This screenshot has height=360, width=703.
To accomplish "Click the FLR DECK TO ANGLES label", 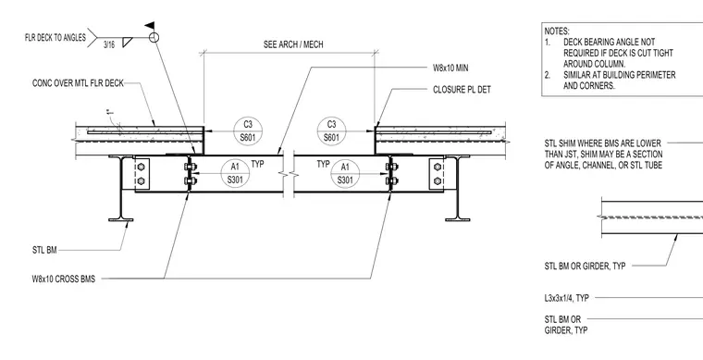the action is (55, 38).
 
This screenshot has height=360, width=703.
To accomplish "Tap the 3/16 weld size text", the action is (109, 44).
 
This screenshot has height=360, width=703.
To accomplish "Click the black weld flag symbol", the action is (149, 26).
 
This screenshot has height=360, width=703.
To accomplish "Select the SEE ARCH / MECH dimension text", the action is (293, 44).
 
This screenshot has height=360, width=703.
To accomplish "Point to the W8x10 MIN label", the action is (450, 68).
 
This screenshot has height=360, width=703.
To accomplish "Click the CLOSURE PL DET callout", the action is (462, 90).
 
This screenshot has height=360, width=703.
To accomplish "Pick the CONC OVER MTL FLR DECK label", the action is (78, 83).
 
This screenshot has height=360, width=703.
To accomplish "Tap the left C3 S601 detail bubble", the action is (248, 131).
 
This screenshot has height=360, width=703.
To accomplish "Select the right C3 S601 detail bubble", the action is (331, 131).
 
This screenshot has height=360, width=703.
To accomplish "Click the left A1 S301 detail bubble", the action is (235, 173).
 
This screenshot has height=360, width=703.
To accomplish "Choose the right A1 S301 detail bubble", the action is (345, 174).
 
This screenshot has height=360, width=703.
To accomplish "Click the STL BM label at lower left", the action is (44, 250).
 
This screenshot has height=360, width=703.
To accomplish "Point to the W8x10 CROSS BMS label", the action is (64, 279).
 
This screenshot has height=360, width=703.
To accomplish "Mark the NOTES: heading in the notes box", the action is (557, 31).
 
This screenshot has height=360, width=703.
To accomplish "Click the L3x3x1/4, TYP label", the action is (567, 298).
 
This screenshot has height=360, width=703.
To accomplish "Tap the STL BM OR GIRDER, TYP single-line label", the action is (586, 266).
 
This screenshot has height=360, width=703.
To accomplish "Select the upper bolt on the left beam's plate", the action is (141, 167).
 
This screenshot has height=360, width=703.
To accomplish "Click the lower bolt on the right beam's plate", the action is (438, 181).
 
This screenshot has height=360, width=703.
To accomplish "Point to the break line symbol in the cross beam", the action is (289, 173).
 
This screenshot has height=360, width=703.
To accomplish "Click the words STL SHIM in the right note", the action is (560, 143).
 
